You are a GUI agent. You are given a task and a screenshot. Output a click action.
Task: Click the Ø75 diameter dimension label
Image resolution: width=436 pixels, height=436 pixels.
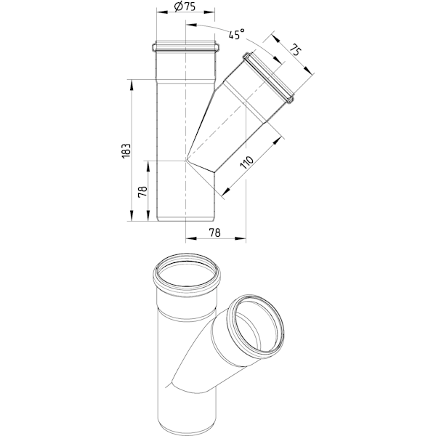click(185, 7)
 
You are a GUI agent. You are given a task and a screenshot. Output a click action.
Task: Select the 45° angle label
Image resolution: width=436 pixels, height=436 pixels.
click(237, 33)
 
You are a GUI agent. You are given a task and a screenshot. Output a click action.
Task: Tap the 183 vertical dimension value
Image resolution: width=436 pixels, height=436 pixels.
click(126, 151)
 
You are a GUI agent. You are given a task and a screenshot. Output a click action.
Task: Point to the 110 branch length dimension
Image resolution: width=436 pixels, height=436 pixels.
click(247, 162)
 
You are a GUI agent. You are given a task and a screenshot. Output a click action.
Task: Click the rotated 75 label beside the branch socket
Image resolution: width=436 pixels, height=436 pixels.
click(296, 49)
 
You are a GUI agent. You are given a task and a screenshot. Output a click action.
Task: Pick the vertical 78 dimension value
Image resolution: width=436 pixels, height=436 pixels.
click(142, 192)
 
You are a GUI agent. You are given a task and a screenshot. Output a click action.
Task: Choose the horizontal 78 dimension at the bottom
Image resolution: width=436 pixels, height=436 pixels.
click(215, 233)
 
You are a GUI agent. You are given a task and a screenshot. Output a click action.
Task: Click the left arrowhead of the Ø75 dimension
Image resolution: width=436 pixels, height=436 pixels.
click(162, 12)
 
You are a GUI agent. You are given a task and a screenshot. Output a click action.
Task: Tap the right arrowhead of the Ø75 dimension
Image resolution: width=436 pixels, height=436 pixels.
click(209, 12)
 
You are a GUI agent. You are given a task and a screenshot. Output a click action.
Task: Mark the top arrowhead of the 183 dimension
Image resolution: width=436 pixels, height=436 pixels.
click(132, 85)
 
